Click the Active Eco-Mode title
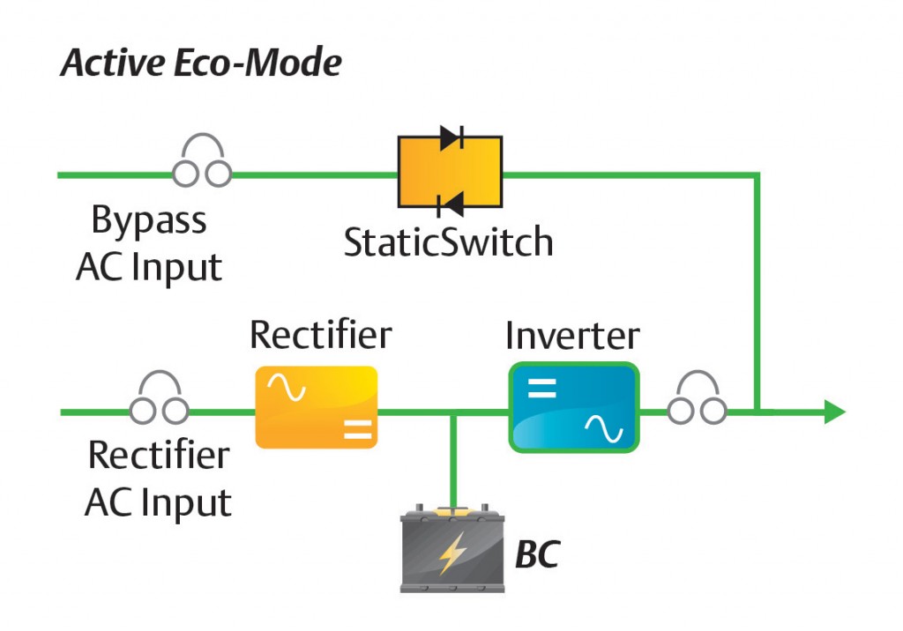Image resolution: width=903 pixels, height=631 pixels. tap(201, 63)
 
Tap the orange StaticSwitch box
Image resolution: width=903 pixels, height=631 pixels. tap(449, 173)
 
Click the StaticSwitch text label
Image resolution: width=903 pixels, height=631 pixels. tap(449, 241)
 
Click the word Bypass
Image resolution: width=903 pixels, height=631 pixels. tap(148, 220)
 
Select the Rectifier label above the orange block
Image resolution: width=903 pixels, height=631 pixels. tap(320, 335)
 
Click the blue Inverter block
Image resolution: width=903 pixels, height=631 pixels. tap(572, 407)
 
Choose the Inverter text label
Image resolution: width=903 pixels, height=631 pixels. tap(572, 335)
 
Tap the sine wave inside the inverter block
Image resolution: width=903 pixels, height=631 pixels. tap(606, 429)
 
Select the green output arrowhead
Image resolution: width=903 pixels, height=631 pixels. tap(834, 411)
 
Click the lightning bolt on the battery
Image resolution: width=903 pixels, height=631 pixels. tap(452, 553)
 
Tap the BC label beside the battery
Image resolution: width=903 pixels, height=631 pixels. tap(537, 555)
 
